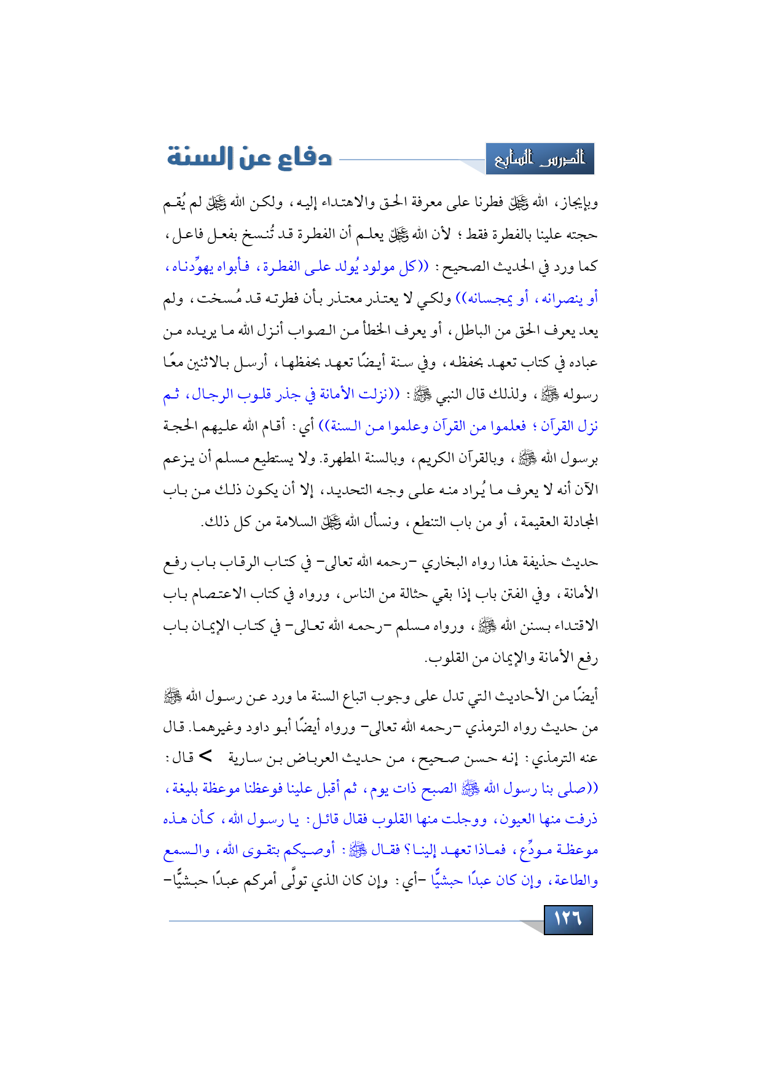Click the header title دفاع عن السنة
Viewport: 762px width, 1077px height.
coord(249,157)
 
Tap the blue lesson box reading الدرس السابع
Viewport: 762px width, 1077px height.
coord(540,159)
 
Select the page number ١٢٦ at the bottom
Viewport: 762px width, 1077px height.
coord(568,919)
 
